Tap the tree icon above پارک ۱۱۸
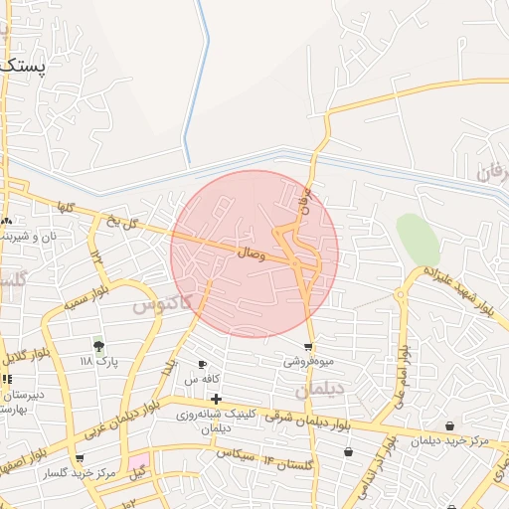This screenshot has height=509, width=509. point(98,345)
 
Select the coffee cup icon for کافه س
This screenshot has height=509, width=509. point(203,365)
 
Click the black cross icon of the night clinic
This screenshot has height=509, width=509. point(216,400)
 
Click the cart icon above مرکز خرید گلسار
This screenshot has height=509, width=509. point(79,459)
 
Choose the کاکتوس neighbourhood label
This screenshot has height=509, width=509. point(162,301)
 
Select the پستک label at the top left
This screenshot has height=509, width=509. point(22,66)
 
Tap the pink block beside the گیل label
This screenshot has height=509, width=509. point(137,464)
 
